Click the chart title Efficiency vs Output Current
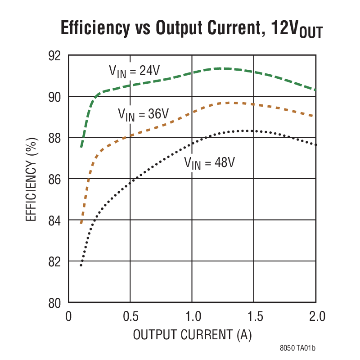(x=191, y=29)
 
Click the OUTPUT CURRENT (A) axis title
(x=192, y=335)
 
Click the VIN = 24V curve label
(x=135, y=71)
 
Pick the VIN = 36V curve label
(x=144, y=114)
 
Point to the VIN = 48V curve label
(x=209, y=162)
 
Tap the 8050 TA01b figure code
(x=297, y=348)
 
